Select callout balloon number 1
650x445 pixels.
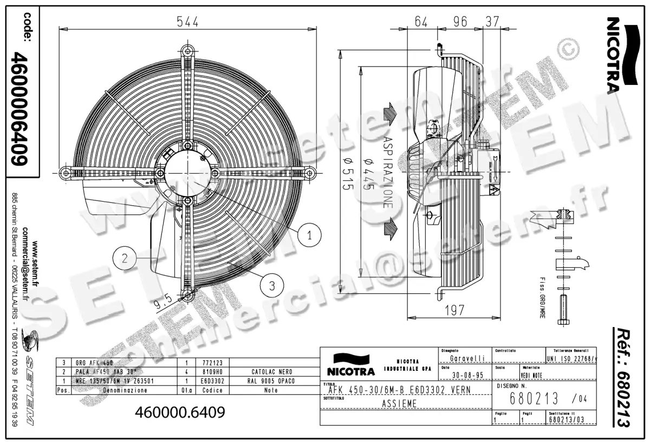click(x=309, y=234)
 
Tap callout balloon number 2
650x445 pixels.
click(x=125, y=259)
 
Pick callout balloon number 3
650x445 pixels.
click(x=272, y=283)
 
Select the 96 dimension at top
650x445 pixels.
click(x=459, y=22)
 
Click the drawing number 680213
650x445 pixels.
click(x=535, y=400)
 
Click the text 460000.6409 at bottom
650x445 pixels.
click(x=179, y=413)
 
